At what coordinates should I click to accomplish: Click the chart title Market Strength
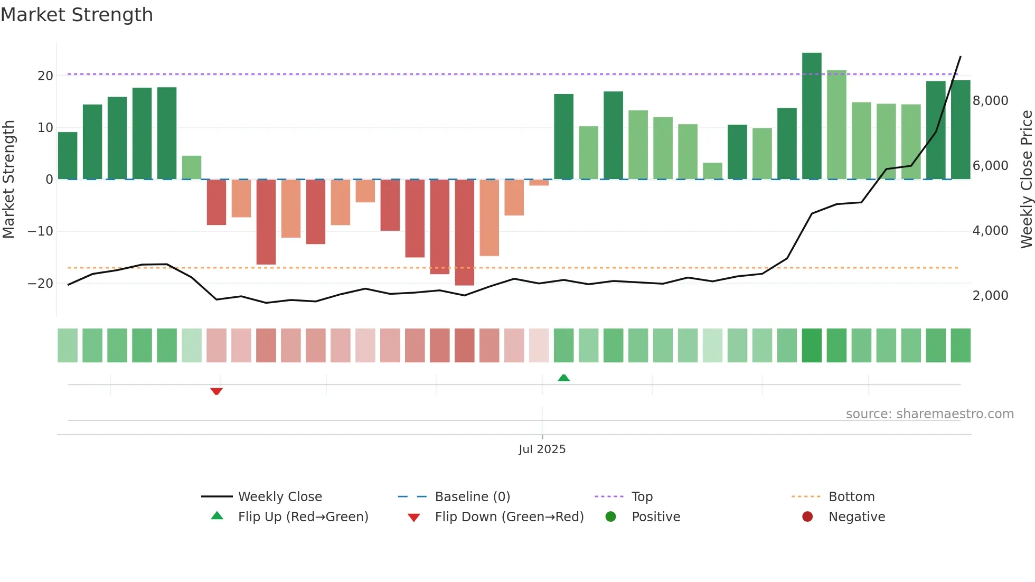tap(77, 15)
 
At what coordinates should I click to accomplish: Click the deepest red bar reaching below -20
tap(464, 232)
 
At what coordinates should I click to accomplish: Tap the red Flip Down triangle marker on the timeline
tap(217, 391)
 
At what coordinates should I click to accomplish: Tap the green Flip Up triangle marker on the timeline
tap(563, 378)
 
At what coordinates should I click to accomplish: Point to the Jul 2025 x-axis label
tap(542, 449)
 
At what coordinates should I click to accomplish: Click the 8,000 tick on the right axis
tap(990, 100)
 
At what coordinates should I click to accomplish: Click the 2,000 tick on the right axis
tap(990, 295)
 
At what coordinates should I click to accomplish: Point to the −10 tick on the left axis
tap(40, 231)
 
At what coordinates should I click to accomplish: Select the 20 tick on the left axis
tap(45, 76)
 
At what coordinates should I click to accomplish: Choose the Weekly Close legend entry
tap(279, 496)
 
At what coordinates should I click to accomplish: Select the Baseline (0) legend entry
tap(472, 496)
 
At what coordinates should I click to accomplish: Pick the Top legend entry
tap(642, 496)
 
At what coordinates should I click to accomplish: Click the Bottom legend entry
tap(851, 496)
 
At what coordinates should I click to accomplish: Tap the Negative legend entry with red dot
tap(856, 517)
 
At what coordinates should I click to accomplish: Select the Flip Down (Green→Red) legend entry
tap(509, 517)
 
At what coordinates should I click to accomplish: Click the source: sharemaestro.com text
tap(929, 414)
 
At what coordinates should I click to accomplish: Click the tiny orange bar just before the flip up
tap(539, 183)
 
